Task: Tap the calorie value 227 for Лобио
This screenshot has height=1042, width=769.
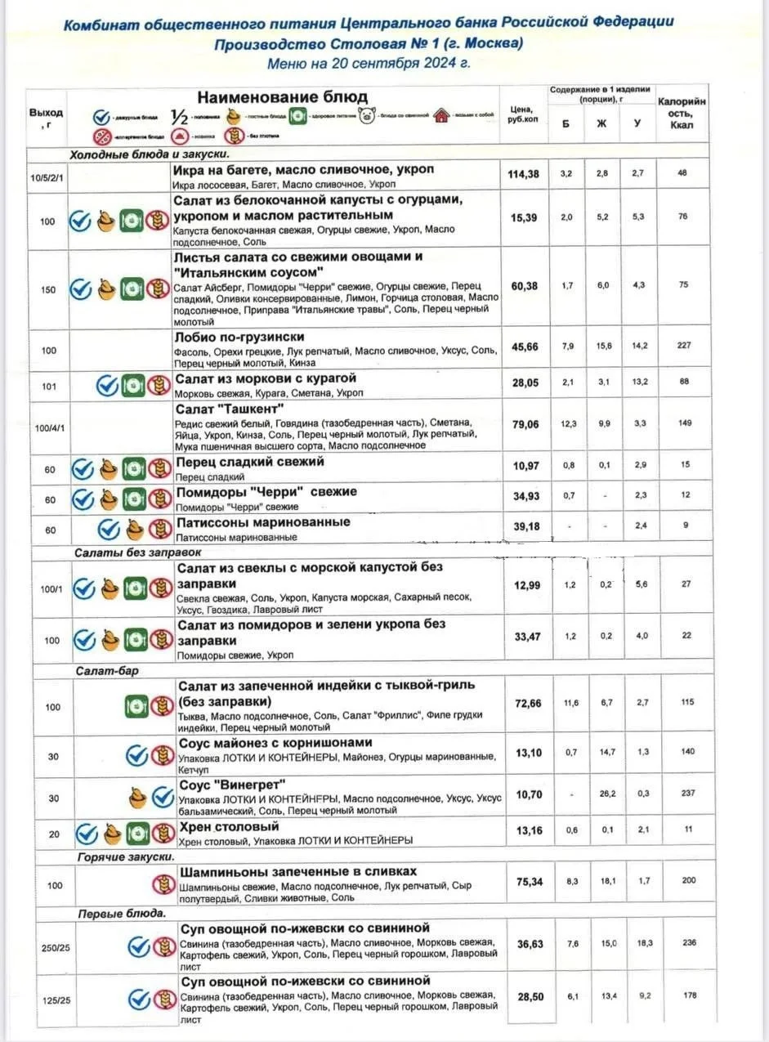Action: pos(684,346)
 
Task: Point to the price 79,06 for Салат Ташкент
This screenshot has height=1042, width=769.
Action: pos(525,423)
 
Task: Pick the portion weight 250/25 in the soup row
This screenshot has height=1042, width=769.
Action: pos(53,946)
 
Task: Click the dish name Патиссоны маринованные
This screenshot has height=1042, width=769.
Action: pos(263,521)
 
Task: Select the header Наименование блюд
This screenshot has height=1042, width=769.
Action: pos(282,97)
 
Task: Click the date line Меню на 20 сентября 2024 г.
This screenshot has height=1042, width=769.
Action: pos(369,62)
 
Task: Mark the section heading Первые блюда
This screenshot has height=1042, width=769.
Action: pos(122,913)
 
